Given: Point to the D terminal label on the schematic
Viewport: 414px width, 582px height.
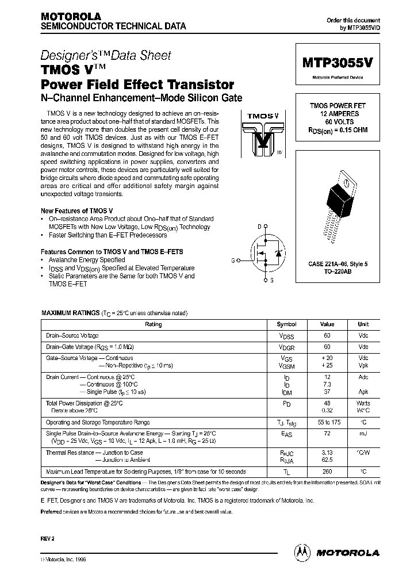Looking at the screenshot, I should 259,226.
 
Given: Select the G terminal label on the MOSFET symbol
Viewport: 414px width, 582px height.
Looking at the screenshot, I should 233,261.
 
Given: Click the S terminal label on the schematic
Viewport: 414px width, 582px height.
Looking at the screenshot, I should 271,281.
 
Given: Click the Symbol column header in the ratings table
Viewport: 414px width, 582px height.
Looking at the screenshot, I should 286,324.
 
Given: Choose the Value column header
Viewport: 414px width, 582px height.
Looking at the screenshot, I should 327,324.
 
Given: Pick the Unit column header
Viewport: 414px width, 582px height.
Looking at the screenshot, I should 363,324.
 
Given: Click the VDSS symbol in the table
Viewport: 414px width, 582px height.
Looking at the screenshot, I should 286,335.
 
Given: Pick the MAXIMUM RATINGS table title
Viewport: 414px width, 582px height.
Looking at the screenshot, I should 70,313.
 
